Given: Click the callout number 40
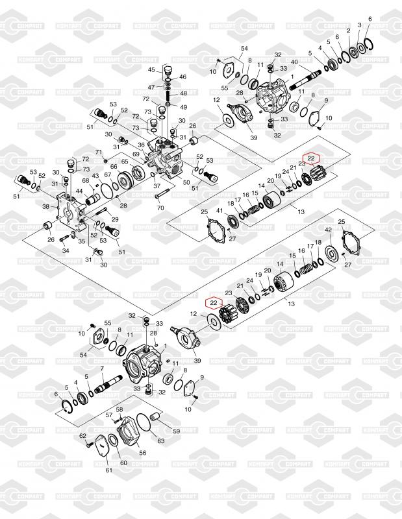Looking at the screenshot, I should [x=294, y=62].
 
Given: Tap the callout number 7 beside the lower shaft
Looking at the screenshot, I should [x=102, y=368].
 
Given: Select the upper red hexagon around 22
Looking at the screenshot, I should [x=312, y=158].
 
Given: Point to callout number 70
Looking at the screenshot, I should [x=160, y=208].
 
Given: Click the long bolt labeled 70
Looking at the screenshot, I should [x=162, y=192].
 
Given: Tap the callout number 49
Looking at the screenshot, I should [x=184, y=107].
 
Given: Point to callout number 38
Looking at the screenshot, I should [x=45, y=207].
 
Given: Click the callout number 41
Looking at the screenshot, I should [x=220, y=211].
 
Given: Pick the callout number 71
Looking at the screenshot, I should [x=99, y=152].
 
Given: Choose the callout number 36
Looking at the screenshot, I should [x=140, y=145].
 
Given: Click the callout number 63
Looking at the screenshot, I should [x=160, y=441].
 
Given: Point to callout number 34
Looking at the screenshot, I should [x=65, y=250].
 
